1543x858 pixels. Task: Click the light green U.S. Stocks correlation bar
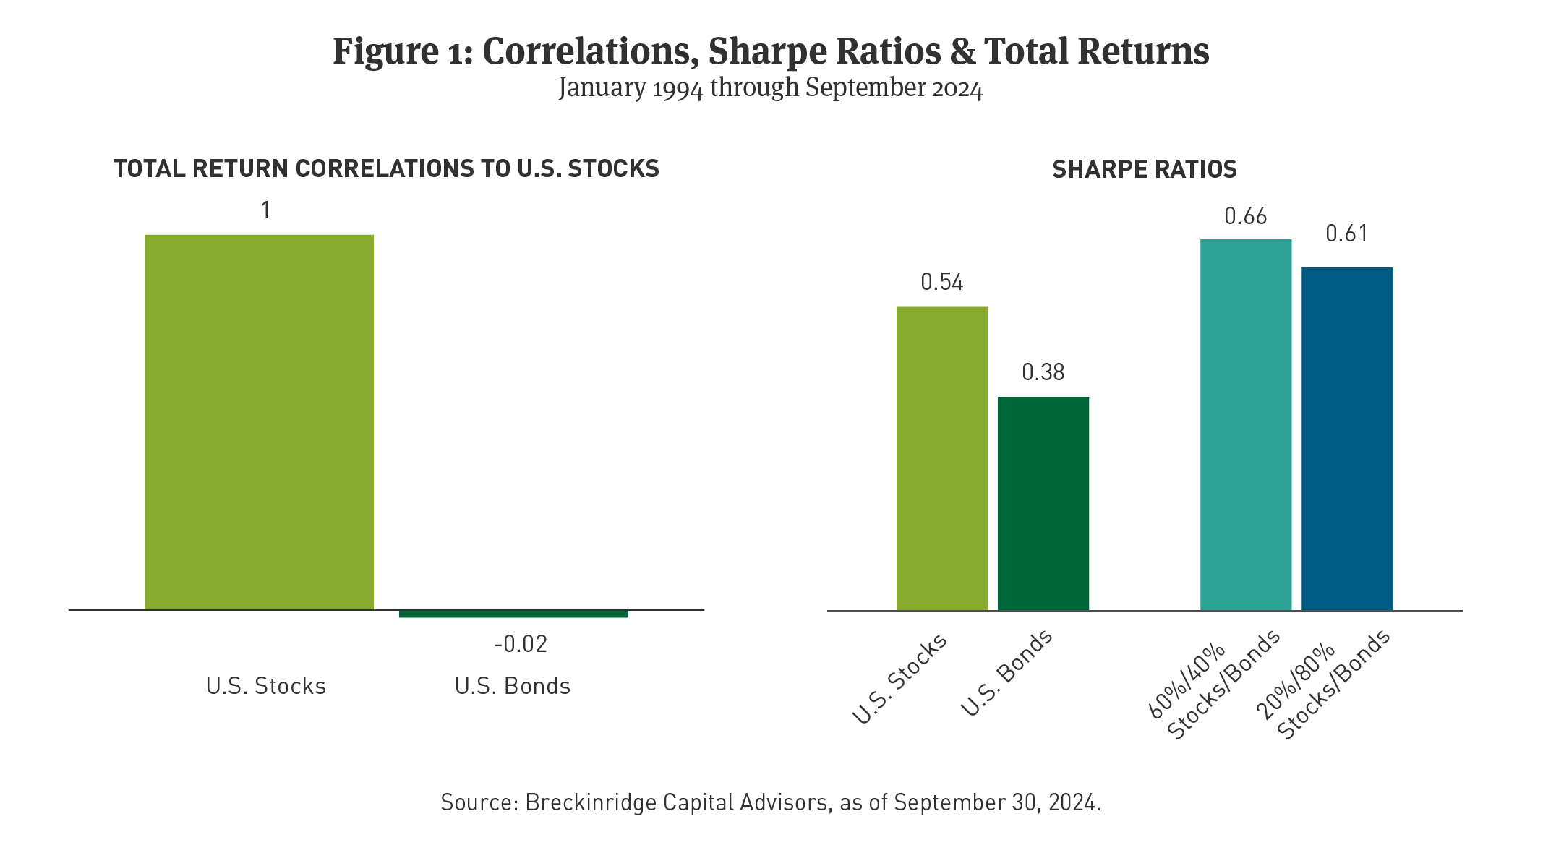[x=259, y=422]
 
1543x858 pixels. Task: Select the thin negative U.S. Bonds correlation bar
[x=513, y=614]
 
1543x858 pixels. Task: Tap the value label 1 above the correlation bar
[x=265, y=210]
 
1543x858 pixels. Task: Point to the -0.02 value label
[x=521, y=643]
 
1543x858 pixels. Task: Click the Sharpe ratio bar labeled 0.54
[x=941, y=458]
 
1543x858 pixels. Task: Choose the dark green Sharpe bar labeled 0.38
[x=1043, y=503]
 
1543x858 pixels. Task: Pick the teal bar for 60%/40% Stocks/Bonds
[x=1245, y=424]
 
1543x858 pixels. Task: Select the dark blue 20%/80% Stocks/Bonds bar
[x=1346, y=439]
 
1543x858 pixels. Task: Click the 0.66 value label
[x=1245, y=216]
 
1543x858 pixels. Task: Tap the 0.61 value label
[x=1346, y=233]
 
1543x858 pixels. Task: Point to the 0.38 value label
[x=1043, y=372]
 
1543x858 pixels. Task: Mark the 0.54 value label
[x=941, y=282]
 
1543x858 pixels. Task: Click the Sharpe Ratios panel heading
[x=1144, y=169]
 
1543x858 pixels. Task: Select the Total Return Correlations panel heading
[x=386, y=168]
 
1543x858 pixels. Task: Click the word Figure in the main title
[x=381, y=52]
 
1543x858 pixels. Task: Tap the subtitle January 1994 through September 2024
[x=770, y=88]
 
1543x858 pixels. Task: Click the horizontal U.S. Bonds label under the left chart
[x=512, y=685]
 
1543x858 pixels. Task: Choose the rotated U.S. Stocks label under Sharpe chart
[x=899, y=679]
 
